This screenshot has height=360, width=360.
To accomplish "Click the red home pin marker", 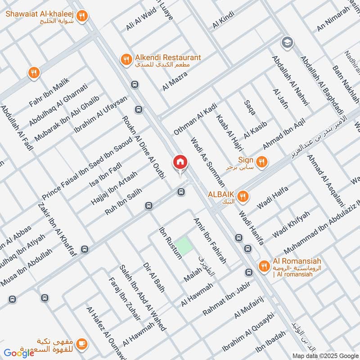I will point(180,162).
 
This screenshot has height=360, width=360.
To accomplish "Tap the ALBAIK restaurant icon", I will point(243,196).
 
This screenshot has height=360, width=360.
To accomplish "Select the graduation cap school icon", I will point(285,43).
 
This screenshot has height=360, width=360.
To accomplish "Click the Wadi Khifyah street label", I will point(291,225).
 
